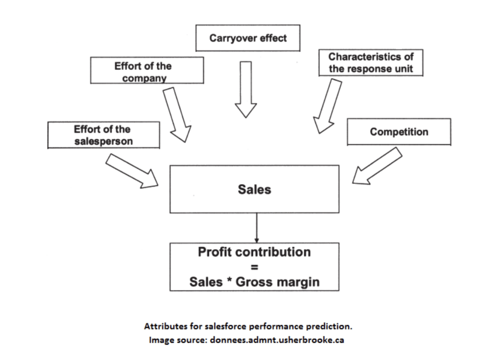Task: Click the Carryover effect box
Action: tap(248, 38)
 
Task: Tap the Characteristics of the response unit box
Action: tap(371, 63)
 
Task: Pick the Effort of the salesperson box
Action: tap(103, 135)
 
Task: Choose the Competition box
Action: tap(399, 132)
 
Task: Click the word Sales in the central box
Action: tap(254, 190)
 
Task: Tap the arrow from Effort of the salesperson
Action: tap(132, 171)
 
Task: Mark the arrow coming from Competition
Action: tap(377, 166)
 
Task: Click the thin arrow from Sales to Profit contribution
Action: tap(257, 228)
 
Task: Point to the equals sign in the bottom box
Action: tap(254, 267)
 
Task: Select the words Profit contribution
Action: tap(254, 252)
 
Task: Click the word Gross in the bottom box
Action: tap(254, 282)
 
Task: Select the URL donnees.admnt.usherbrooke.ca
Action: tap(277, 340)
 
